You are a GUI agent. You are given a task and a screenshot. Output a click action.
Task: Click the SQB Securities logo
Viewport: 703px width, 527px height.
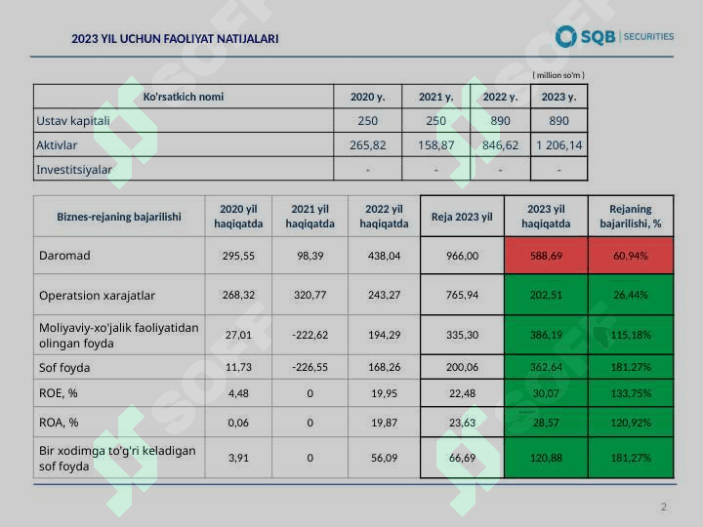coord(614,37)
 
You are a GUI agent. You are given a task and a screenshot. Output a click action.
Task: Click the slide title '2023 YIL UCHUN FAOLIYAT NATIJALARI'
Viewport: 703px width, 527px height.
coord(175,39)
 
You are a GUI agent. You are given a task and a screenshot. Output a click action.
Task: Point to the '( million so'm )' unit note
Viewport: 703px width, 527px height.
coord(558,75)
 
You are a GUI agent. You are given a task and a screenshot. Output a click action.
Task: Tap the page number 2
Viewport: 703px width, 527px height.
coord(664,507)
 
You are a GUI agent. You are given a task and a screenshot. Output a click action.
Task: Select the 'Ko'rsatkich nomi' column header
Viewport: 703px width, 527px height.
coord(183,97)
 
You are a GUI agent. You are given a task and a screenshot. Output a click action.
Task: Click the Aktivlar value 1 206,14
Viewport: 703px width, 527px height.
coord(558,145)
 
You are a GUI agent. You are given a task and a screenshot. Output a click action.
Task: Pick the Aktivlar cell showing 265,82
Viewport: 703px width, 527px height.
coord(367,145)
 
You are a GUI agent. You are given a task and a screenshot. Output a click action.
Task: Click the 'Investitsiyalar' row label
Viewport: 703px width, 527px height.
coord(74,169)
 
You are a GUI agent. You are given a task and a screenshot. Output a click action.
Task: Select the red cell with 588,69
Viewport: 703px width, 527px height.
coord(546,256)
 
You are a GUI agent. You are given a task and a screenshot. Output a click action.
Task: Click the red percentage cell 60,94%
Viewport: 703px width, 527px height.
coord(631,256)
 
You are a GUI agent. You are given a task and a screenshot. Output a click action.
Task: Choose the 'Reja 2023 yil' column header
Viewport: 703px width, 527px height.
coord(462,217)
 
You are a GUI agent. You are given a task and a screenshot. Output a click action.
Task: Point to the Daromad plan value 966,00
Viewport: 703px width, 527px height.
coord(462,256)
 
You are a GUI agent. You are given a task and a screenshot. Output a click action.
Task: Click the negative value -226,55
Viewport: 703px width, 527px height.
coord(310,367)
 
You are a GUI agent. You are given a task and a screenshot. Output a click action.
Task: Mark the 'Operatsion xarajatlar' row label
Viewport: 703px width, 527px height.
coord(97,295)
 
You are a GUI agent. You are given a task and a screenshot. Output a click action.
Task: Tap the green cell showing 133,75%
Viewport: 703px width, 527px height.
coord(631,393)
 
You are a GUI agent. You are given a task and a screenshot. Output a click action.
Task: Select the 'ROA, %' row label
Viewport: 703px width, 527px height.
coord(59,423)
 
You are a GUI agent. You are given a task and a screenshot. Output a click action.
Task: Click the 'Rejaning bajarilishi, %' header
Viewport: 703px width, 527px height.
coord(631,217)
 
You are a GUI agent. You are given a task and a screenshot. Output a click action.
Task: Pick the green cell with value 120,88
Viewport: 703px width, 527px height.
coord(546,458)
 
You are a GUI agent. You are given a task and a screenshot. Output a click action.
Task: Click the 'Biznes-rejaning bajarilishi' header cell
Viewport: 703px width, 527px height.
coord(119,217)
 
